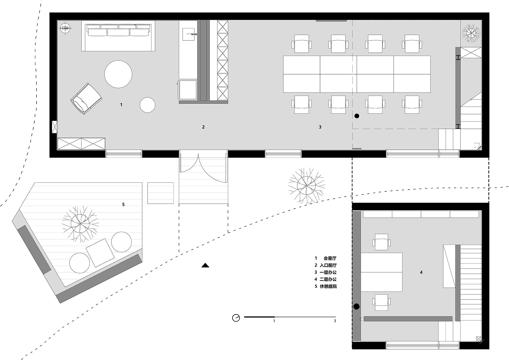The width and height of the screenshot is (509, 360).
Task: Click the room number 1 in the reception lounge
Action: pyautogui.click(x=121, y=105)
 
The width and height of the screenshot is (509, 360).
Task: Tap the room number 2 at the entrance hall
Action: pyautogui.click(x=203, y=127)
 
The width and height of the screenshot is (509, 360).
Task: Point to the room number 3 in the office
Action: pyautogui.click(x=320, y=127)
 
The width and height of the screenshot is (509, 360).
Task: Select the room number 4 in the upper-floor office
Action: pyautogui.click(x=421, y=272)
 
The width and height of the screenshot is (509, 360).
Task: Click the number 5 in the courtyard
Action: pyautogui.click(x=123, y=205)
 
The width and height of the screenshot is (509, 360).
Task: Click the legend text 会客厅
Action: pyautogui.click(x=330, y=258)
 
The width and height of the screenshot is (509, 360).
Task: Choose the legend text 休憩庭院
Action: pyautogui.click(x=328, y=286)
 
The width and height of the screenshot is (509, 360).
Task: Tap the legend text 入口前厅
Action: pyautogui.click(x=328, y=265)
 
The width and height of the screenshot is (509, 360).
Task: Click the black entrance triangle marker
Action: pyautogui.click(x=205, y=265)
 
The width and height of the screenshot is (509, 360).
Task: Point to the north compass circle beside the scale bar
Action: pyautogui.click(x=236, y=318)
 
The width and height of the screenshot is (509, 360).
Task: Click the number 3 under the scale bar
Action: pyautogui.click(x=335, y=321)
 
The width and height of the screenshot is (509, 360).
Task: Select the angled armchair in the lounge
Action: pyautogui.click(x=86, y=99)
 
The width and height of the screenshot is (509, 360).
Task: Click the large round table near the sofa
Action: pyautogui.click(x=118, y=74)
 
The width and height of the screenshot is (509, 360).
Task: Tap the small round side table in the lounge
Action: pyautogui.click(x=148, y=105)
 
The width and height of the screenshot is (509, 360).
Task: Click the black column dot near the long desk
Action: pyautogui.click(x=357, y=116)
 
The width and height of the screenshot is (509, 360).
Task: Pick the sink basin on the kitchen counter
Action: pyautogui.click(x=189, y=34)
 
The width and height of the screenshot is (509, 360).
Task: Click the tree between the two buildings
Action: pyautogui.click(x=307, y=186)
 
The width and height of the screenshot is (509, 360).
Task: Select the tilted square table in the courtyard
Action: pyautogui.click(x=100, y=253)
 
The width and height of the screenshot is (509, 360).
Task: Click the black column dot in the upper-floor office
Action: pyautogui.click(x=357, y=307)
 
